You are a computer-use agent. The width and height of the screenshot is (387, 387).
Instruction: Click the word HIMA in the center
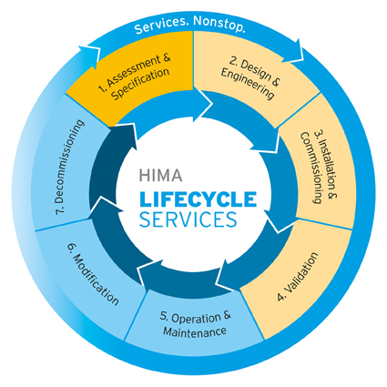click(x=160, y=175)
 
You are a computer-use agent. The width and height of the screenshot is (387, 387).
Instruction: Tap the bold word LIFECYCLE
click(x=198, y=199)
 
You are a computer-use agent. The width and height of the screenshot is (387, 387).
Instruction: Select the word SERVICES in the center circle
click(x=188, y=219)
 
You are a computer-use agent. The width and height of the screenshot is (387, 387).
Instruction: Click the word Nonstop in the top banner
click(x=219, y=24)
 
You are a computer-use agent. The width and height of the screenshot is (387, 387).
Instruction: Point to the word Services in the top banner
click(x=162, y=25)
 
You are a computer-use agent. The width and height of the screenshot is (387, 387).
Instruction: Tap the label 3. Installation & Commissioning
click(x=319, y=168)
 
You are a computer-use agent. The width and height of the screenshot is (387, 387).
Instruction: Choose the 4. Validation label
click(x=298, y=277)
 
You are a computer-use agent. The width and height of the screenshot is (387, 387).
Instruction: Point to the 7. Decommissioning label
click(x=69, y=168)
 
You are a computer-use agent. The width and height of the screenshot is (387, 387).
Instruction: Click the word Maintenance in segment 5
click(x=195, y=331)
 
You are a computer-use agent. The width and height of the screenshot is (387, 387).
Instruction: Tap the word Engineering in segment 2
click(x=247, y=84)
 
